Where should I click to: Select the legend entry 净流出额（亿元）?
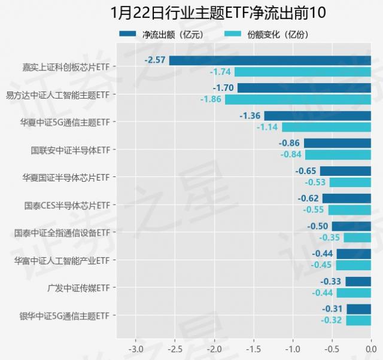click(x=174, y=34)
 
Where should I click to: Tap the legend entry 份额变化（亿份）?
click(x=278, y=34)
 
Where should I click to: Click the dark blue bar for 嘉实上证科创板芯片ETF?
click(x=270, y=60)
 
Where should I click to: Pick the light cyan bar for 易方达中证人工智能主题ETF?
click(x=298, y=99)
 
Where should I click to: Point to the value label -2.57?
click(x=155, y=60)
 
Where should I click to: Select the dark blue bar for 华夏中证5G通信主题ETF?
click(x=317, y=115)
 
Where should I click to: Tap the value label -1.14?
click(x=268, y=127)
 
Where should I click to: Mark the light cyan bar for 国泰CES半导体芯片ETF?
click(x=349, y=210)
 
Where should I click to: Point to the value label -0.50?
click(x=318, y=226)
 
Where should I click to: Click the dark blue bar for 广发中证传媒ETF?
click(x=358, y=281)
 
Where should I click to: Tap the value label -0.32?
click(x=332, y=321)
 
